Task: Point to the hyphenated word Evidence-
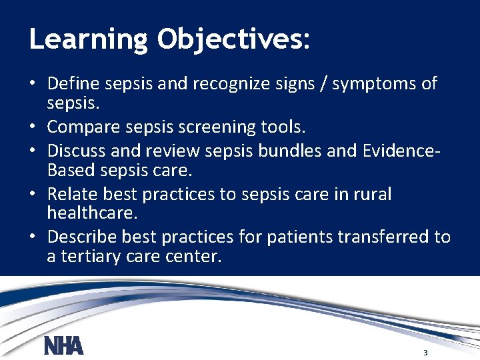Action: (x=403, y=149)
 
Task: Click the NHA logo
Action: (x=63, y=346)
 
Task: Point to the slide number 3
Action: (x=425, y=352)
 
